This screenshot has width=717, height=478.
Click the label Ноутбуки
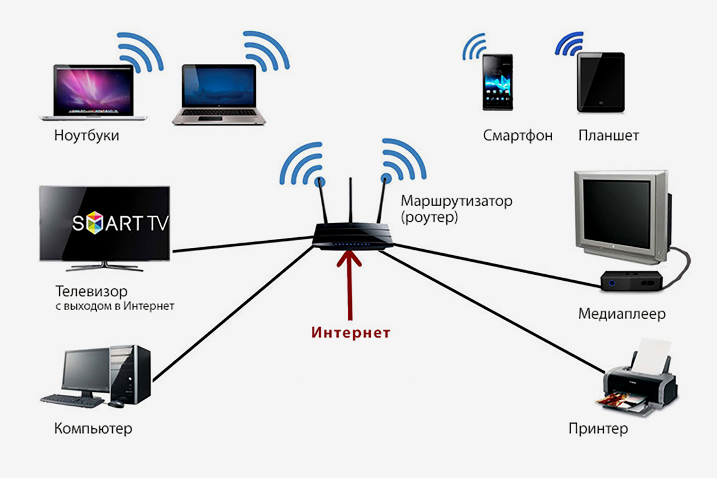click(x=86, y=136)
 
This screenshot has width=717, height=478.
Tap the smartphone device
click(x=498, y=82)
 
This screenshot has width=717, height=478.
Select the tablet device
click(x=600, y=82)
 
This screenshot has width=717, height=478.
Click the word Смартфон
click(x=517, y=136)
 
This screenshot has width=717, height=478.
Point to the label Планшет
click(x=608, y=136)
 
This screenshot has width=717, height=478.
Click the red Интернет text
click(x=350, y=333)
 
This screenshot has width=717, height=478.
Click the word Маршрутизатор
click(x=456, y=201)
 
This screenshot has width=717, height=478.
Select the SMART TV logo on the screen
click(x=120, y=223)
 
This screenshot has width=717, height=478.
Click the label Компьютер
click(x=93, y=428)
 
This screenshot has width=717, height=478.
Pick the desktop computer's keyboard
click(x=72, y=400)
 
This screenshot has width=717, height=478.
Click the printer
click(x=639, y=382)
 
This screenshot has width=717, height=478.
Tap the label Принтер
click(x=598, y=428)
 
